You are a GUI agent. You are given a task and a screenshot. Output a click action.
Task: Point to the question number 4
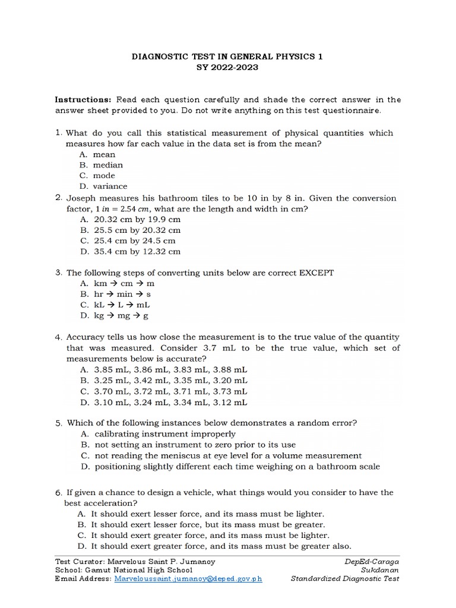pos(59,337)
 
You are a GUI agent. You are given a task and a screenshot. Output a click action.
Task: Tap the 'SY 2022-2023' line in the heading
pos(228,68)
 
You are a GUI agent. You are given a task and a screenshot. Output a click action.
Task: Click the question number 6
pos(59,493)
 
